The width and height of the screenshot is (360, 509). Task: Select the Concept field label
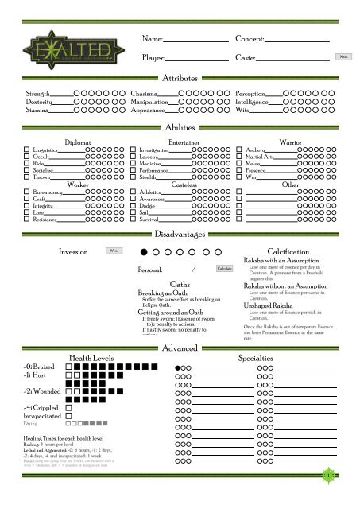[x=250, y=39]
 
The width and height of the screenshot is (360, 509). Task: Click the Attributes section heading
[x=180, y=80]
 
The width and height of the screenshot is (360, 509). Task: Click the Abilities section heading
[x=180, y=128]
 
